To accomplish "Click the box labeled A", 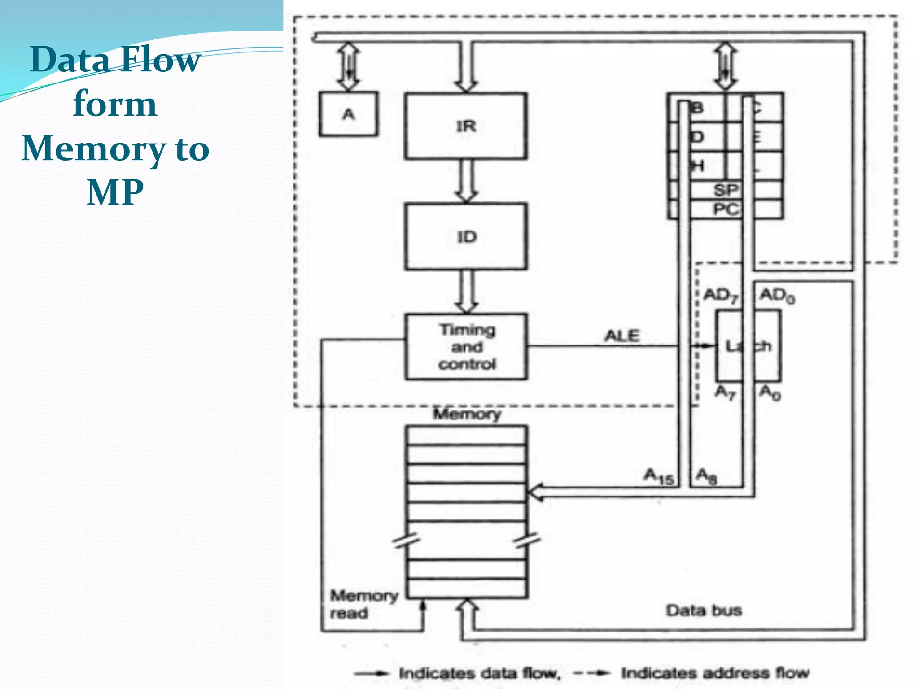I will coord(348,114).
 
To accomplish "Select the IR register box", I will coord(466,126).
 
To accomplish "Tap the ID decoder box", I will coord(466,236).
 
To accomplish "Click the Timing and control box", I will coord(466,347).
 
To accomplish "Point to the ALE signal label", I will coord(622,336).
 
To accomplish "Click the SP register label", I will coord(725,190).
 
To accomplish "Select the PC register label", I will coord(725,209).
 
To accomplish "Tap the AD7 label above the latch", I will coord(721,296).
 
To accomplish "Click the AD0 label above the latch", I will coord(777,296).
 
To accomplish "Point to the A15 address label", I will coord(659,476).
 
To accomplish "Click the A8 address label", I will coord(706,476).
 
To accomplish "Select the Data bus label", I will coord(704,611).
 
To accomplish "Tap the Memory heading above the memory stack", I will coord(467,414).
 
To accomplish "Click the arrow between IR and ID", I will coord(466,181).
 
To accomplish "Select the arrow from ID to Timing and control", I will coord(466,292).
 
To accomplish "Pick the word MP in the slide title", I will coord(115,192).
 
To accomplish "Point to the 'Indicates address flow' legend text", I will coord(715,673).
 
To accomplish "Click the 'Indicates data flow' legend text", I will coord(480,673).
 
